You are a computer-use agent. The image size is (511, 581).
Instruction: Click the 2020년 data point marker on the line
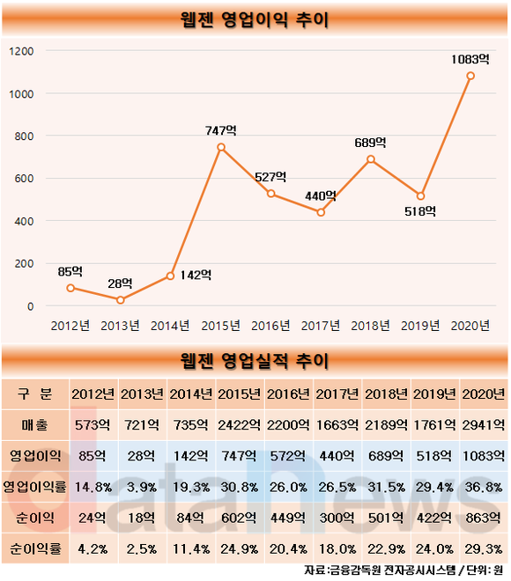point(470,76)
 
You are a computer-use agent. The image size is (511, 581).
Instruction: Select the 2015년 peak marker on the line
point(221,147)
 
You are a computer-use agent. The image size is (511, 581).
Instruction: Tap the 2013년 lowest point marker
point(120,300)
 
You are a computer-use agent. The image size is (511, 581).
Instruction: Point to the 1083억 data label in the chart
point(470,59)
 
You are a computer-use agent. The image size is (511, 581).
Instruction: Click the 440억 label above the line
point(321,196)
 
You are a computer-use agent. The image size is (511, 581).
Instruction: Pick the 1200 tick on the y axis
point(21,51)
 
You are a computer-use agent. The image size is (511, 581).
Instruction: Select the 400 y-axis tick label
point(24,222)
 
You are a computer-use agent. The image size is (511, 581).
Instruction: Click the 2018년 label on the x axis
point(370,326)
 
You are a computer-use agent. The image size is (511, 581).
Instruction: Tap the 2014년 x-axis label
point(170,326)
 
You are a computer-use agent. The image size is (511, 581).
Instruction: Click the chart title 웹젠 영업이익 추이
point(255,19)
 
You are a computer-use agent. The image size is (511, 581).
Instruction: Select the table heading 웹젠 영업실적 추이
point(255,361)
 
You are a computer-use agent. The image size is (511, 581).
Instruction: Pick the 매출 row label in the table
point(35,424)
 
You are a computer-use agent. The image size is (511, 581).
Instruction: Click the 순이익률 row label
point(35,548)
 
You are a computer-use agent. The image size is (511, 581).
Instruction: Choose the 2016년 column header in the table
point(288,393)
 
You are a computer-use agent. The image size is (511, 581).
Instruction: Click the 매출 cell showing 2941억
point(484,424)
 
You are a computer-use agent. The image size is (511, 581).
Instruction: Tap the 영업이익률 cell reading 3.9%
point(142,487)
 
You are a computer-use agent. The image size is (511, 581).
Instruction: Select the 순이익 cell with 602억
point(239,518)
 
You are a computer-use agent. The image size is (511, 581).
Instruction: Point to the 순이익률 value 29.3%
point(484,548)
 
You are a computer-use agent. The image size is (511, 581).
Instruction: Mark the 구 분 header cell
point(35,393)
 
